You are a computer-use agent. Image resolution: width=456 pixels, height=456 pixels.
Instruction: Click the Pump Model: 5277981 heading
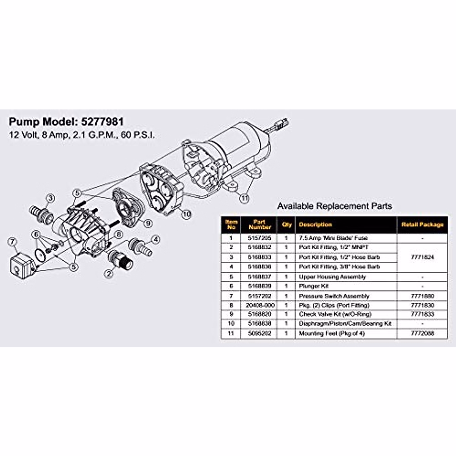66,122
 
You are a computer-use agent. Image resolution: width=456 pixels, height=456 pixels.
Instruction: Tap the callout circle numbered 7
13,241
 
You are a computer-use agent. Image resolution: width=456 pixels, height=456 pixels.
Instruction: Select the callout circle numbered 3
51,198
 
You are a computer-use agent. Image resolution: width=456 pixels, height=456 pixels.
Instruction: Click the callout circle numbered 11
244,198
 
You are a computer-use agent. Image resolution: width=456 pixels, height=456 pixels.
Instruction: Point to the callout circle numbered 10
186,215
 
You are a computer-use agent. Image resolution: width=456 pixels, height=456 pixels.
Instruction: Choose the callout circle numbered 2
109,273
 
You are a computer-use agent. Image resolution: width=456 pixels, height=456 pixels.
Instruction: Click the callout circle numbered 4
155,239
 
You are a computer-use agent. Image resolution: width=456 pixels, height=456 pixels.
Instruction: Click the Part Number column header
260,225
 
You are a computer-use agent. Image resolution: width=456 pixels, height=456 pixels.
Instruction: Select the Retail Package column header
422,225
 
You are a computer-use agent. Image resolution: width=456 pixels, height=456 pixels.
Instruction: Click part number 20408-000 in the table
260,305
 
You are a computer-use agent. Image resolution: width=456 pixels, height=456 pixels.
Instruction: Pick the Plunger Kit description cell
313,286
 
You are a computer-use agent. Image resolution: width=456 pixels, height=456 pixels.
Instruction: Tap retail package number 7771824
422,257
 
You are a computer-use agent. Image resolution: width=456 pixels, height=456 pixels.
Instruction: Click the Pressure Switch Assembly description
334,296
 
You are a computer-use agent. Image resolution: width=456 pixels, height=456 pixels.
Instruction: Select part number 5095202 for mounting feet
260,333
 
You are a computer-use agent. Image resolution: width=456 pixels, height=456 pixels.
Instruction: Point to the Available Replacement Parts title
334,206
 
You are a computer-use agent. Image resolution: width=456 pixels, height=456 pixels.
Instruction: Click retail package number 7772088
422,333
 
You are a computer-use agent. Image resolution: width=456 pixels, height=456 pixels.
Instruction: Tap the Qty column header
287,225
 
